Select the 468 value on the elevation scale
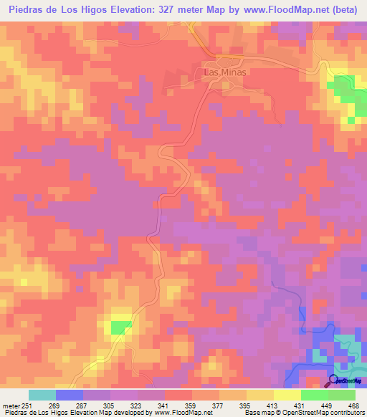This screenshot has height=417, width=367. click(352, 405)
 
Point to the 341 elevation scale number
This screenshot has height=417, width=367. click(164, 405)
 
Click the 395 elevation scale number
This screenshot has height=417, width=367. click(245, 405)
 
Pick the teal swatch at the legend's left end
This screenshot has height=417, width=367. click(42, 395)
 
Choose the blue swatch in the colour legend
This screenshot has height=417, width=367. click(70, 395)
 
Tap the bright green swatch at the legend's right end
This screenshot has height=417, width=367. click(341, 395)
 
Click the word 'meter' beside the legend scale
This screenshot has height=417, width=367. click(11, 405)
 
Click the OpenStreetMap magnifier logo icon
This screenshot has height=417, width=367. click(334, 380)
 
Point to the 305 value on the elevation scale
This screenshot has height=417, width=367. click(110, 405)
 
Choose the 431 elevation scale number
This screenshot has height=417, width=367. click(299, 405)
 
